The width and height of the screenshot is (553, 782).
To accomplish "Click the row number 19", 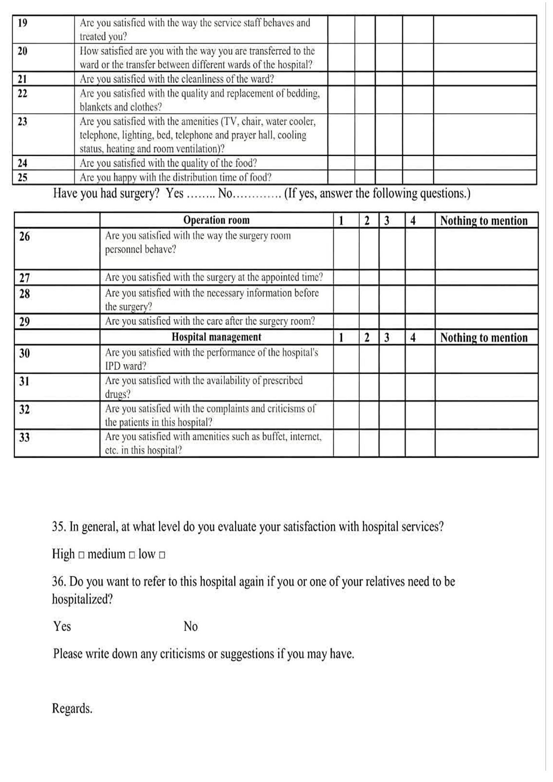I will (x=22, y=23).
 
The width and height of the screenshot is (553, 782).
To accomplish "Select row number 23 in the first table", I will (x=22, y=122).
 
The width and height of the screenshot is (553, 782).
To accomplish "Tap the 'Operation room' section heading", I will (x=216, y=220).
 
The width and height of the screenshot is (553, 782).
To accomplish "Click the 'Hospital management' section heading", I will (x=216, y=337).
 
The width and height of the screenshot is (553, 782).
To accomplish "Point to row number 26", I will (x=24, y=236).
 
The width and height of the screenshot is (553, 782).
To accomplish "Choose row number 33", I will (x=24, y=437).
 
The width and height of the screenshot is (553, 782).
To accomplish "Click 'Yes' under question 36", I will (x=62, y=626).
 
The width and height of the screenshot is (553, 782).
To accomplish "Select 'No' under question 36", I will (x=190, y=626).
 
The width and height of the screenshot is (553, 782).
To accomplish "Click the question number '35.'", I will (x=59, y=527).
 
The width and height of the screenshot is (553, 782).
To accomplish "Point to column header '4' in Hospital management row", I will (x=413, y=338).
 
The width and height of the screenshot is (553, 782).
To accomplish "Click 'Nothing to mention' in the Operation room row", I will (x=483, y=221).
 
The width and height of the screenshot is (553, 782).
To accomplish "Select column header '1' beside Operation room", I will (x=341, y=221).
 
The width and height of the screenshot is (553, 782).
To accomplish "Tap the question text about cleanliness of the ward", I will (x=177, y=79).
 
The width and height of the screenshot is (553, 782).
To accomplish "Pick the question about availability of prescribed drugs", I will (x=204, y=387).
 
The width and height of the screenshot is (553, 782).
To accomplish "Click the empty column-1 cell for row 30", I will (x=346, y=359).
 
